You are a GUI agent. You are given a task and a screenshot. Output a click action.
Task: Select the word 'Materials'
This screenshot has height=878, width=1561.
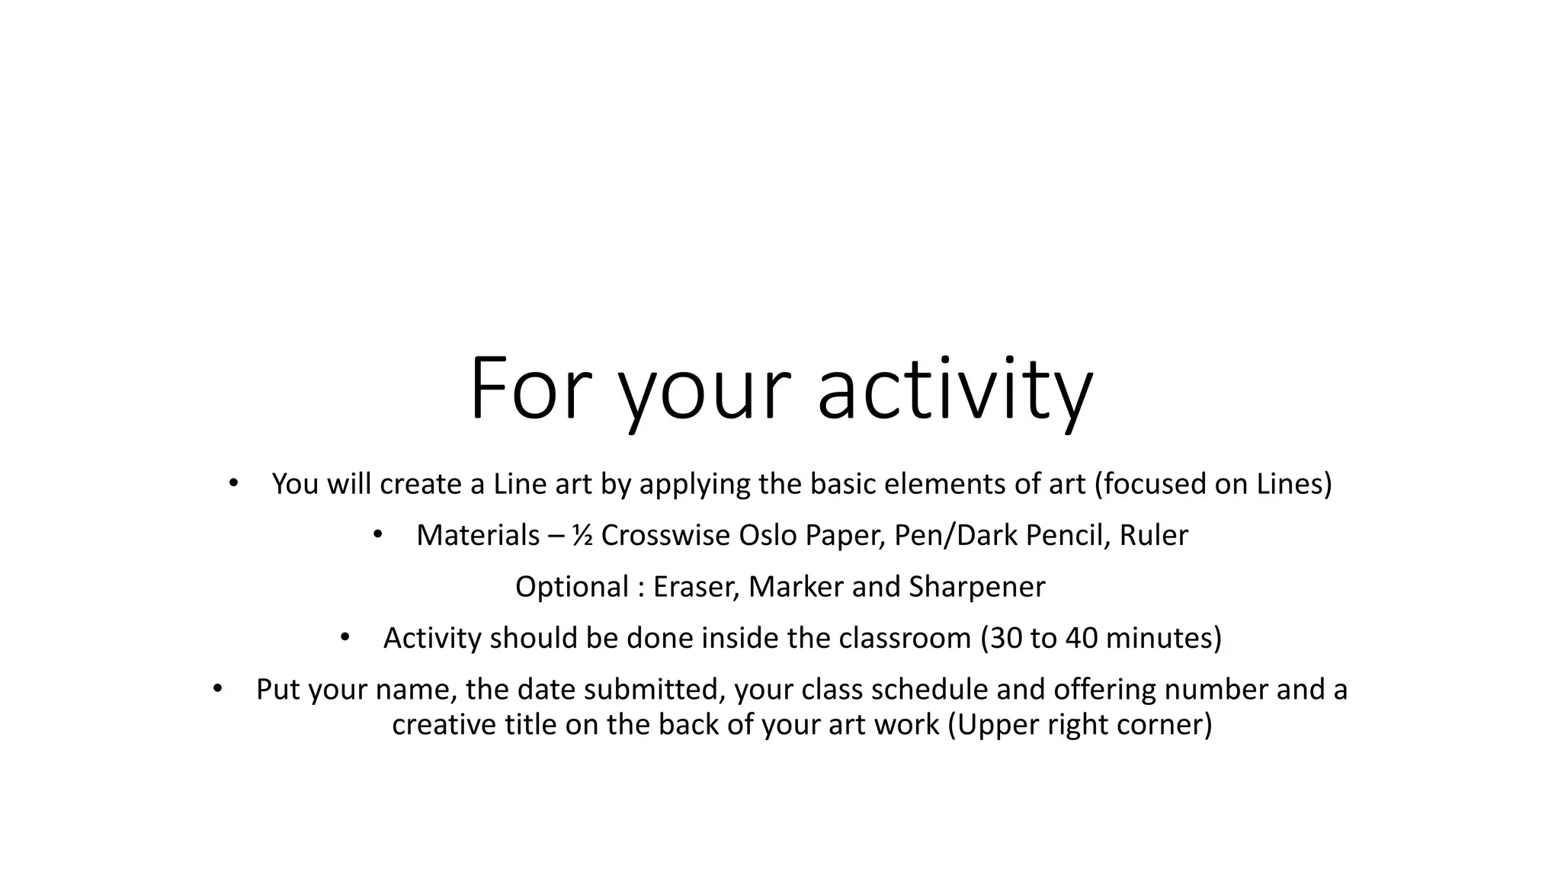[x=478, y=536]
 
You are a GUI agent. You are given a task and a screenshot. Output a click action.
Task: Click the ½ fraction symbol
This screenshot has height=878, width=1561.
[x=582, y=536]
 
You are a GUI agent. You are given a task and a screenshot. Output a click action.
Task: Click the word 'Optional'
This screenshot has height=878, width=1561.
[x=572, y=587]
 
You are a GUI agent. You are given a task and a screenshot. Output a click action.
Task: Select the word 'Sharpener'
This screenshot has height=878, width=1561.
[x=977, y=587]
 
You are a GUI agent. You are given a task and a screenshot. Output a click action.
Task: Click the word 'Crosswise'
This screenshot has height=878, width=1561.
[x=665, y=536]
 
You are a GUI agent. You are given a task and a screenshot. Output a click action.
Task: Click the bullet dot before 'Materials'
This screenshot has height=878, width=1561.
[x=377, y=535]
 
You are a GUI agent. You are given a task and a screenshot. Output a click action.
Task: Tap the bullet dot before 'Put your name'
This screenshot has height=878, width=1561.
[x=217, y=689]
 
